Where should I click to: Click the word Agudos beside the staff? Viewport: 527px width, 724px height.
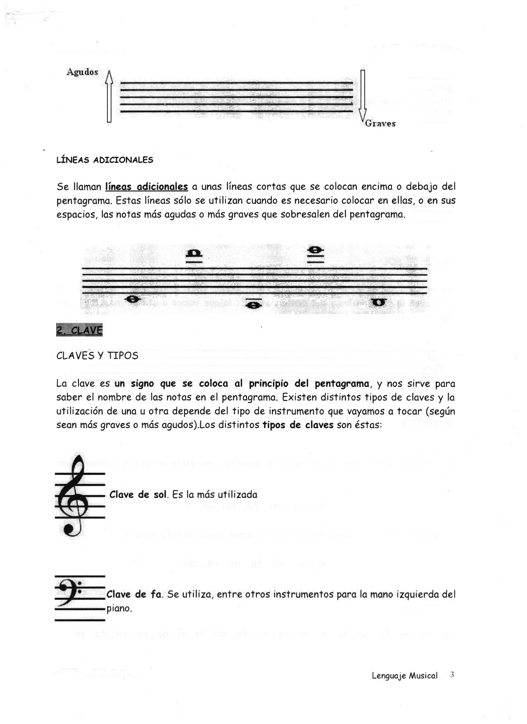point(82,72)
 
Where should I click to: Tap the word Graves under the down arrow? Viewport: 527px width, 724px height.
point(380,123)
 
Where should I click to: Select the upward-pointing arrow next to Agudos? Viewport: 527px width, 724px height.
point(109,96)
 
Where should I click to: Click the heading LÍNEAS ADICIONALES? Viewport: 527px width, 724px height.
point(104,160)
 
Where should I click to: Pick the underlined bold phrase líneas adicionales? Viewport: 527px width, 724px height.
point(147,186)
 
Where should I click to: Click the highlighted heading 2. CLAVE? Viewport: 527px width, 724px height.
point(79,330)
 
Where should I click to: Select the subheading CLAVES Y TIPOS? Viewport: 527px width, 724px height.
point(97,356)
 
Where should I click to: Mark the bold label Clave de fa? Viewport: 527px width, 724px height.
point(134,594)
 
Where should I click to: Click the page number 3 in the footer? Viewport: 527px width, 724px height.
point(452,675)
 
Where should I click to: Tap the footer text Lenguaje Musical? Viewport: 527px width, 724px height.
point(404,676)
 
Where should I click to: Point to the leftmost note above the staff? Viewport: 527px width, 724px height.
point(194,253)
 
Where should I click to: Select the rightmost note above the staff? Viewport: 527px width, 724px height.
point(316,250)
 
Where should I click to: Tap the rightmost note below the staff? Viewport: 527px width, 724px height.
point(378,302)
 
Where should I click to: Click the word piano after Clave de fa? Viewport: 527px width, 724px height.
point(119,608)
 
